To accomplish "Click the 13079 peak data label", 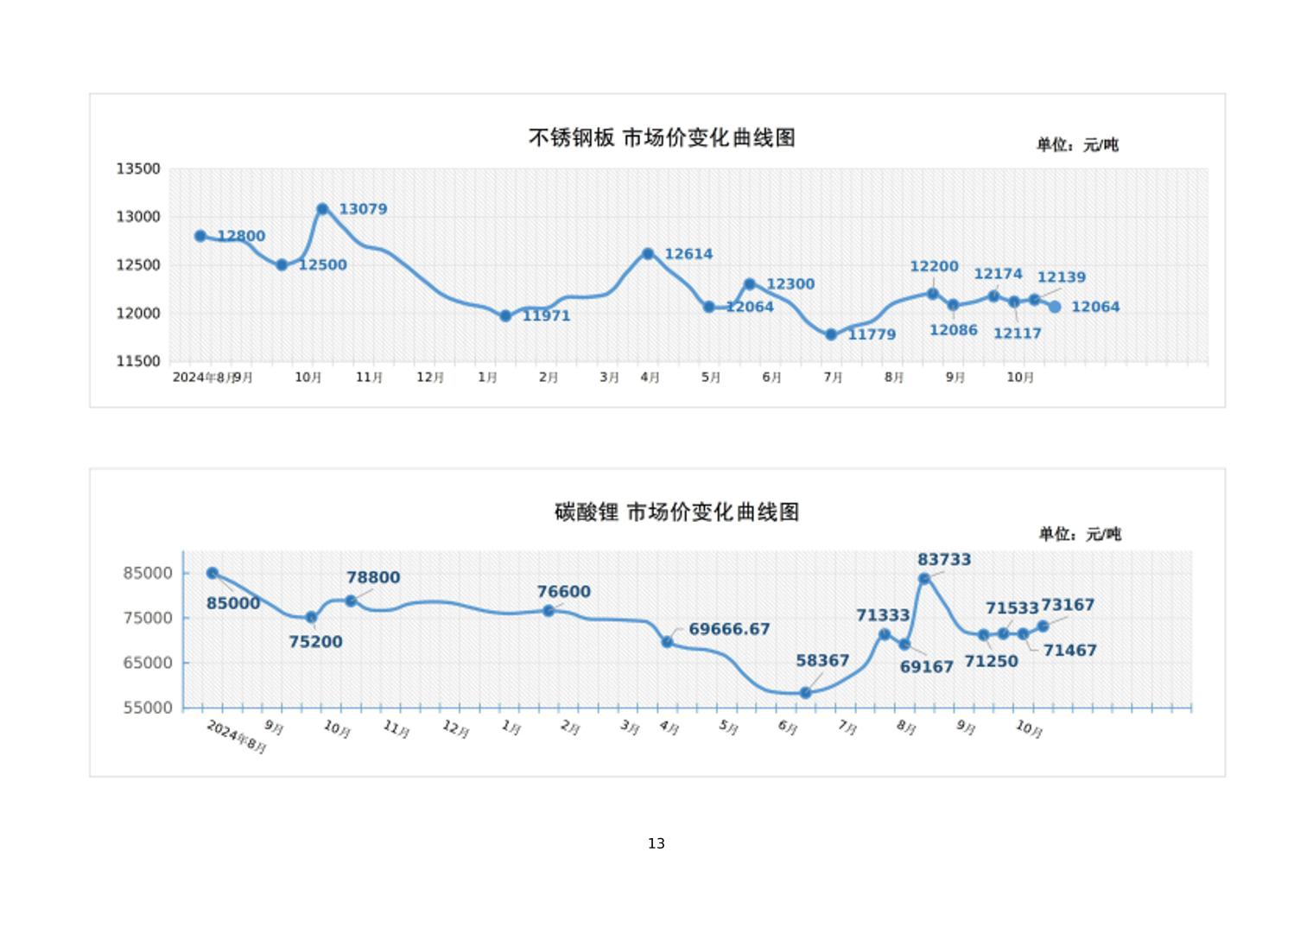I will [x=363, y=209].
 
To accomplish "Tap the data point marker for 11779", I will [x=831, y=334].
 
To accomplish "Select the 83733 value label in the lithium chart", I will [x=944, y=560].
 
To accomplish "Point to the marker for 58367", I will [x=805, y=693].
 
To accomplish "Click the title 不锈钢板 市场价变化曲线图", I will [x=662, y=137].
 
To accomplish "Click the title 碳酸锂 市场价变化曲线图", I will [x=676, y=512].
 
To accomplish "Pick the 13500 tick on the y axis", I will [x=138, y=168].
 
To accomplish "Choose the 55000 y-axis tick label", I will [x=148, y=708].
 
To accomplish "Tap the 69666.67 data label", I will [x=729, y=629].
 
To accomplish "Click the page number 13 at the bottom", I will [x=656, y=843].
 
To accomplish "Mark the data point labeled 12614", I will [x=648, y=254].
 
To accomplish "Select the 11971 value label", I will [x=546, y=316].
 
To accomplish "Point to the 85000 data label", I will [x=233, y=603].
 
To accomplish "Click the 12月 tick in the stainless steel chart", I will [x=430, y=378].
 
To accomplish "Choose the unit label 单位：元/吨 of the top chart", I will [x=1077, y=145].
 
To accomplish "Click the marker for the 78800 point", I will [x=351, y=601].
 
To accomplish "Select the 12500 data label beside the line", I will [x=322, y=265].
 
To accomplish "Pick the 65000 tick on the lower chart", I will [x=148, y=663].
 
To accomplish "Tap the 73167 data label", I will [x=1068, y=605].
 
